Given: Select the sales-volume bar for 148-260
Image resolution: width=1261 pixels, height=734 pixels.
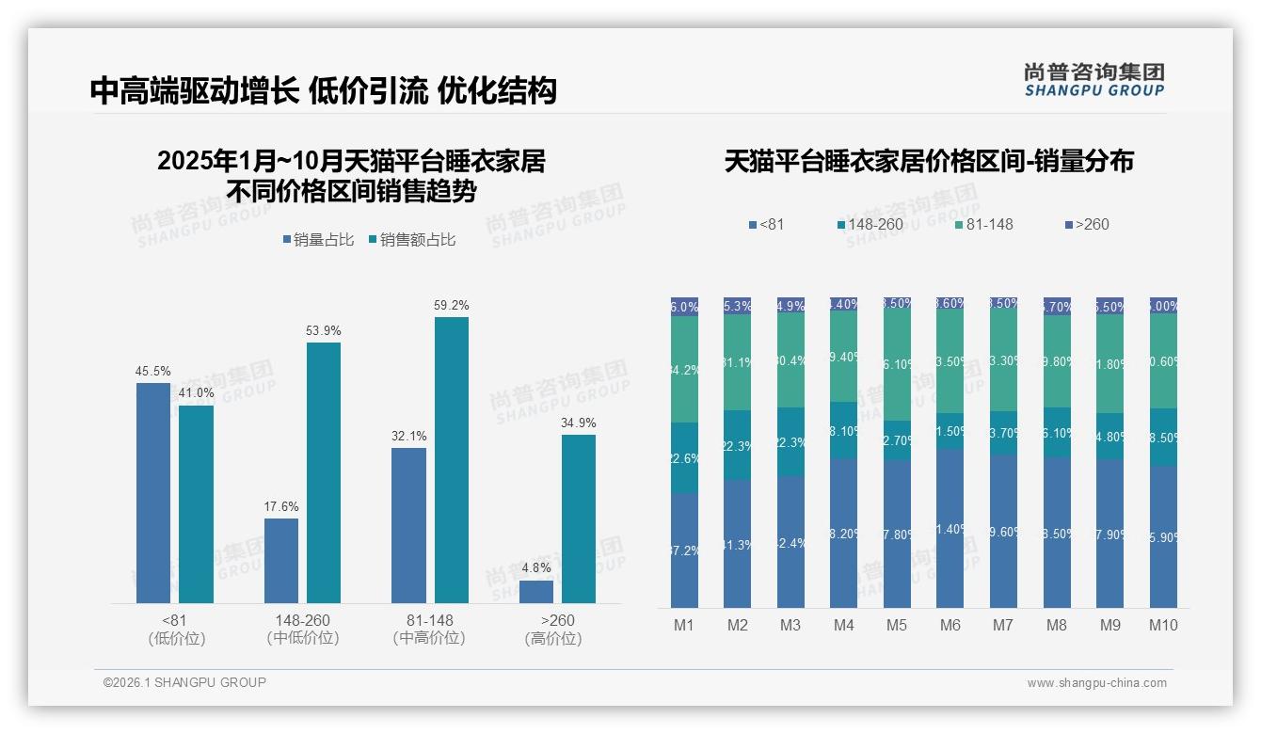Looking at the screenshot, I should pos(280,560).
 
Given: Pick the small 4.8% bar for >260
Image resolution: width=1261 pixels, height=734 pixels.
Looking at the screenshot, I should pos(536,591).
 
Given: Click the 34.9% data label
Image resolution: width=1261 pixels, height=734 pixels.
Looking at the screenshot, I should pos(578,423).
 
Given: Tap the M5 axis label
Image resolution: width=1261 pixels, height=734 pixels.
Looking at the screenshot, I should pos(897,625).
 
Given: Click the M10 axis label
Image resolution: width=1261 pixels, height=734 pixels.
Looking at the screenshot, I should pos(1163,625).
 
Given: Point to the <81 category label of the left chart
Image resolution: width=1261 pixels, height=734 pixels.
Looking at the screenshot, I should pos(176,620).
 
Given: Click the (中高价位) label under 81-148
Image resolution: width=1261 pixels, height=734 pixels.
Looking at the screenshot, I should pos(429,638).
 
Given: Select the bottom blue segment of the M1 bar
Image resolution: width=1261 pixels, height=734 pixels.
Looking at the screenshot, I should pos(684,550).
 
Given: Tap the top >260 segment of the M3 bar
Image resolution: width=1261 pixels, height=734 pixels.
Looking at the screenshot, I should pos(790,305).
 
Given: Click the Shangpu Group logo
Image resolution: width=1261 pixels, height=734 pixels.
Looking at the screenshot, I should pos(1093,79).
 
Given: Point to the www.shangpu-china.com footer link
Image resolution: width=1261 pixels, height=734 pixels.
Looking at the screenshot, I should pos(1096,683).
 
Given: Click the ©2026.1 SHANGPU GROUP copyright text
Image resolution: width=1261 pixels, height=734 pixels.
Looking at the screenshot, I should pos(184,682).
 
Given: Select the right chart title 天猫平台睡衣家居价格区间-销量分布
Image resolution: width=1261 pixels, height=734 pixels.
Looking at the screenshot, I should pos(929,162).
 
